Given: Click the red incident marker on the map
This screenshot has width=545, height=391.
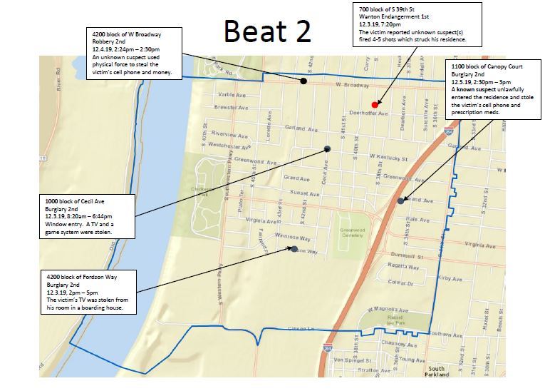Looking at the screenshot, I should click(375, 104).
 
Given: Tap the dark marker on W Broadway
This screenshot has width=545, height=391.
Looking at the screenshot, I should click(304, 81).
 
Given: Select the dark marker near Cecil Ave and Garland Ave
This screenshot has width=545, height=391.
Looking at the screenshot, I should click(328, 148).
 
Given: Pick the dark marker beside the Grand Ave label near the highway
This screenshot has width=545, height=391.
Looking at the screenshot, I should click(401, 200).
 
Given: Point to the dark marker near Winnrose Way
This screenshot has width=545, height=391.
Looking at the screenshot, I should click(294, 248).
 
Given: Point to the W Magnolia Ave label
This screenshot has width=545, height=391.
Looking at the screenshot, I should click(386, 310).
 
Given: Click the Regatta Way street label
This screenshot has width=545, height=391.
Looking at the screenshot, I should click(403, 267).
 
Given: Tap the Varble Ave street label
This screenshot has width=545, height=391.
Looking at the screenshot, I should click(233, 95).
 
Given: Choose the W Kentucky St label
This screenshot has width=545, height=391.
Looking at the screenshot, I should click(388, 157).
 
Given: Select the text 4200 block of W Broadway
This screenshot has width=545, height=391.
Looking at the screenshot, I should click(128, 34).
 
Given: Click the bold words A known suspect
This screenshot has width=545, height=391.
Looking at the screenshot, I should click(474, 89).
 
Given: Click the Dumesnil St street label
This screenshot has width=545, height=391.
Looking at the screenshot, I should click(407, 255).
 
